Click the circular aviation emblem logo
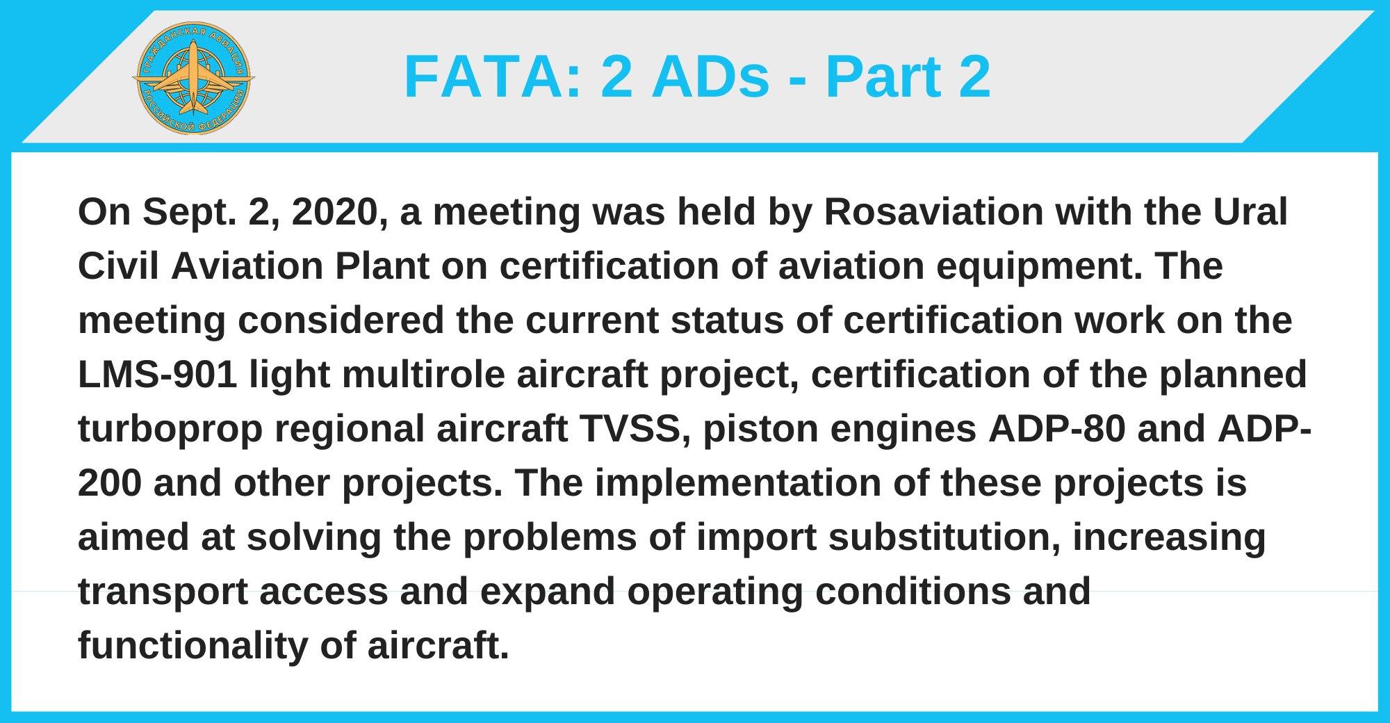(194, 77)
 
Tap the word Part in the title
(883, 78)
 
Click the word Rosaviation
(934, 211)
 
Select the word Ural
(1250, 211)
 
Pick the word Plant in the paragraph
(382, 266)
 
